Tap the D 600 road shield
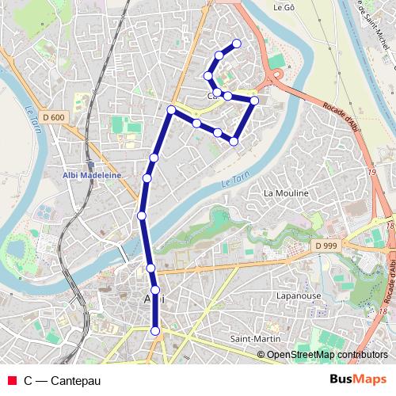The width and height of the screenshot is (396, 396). pyautogui.click(x=53, y=117)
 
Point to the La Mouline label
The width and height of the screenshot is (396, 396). pyautogui.click(x=286, y=192)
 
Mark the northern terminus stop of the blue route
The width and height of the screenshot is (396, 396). pyautogui.click(x=236, y=44)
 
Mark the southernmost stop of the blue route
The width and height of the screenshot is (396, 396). pyautogui.click(x=155, y=331)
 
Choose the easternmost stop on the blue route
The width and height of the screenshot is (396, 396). pyautogui.click(x=254, y=101)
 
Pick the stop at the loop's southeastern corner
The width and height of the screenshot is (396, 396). pyautogui.click(x=234, y=141)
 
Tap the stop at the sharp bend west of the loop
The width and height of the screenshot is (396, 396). pyautogui.click(x=170, y=109)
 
